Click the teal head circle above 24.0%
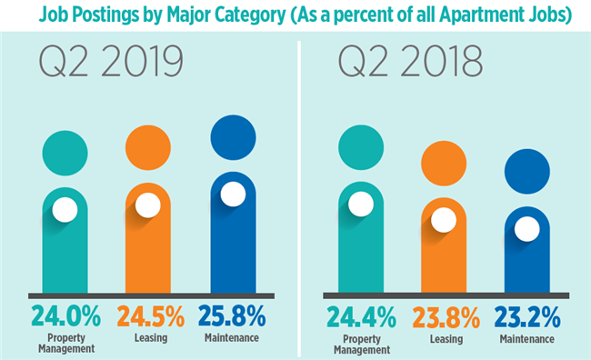click(65, 154)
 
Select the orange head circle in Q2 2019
click(148, 146)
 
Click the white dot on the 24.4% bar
click(360, 204)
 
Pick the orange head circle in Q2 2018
click(443, 165)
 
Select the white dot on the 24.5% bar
click(148, 204)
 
